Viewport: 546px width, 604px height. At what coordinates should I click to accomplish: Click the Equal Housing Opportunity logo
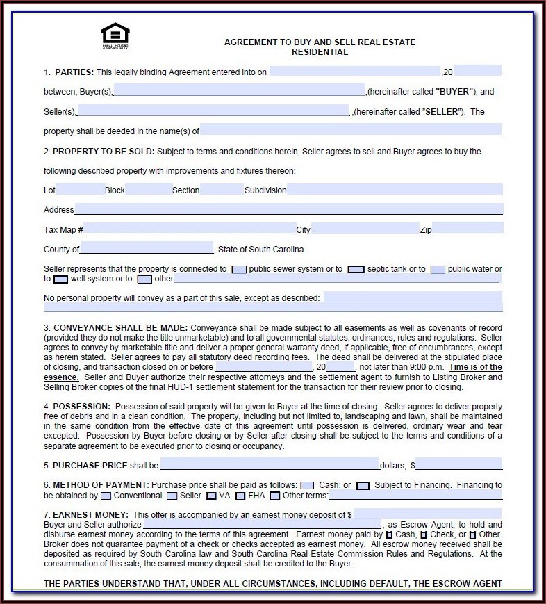click(x=115, y=35)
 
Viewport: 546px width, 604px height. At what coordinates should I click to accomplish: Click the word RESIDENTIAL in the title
click(x=320, y=52)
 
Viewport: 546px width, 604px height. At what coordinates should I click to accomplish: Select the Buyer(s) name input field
click(x=239, y=90)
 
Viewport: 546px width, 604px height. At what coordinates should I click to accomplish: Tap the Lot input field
click(x=80, y=190)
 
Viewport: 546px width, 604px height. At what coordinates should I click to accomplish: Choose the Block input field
click(x=149, y=190)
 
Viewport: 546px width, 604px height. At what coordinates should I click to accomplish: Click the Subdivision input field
click(x=395, y=190)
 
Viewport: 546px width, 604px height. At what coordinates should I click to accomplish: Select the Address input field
click(x=288, y=209)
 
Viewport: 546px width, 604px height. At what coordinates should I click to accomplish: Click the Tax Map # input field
click(x=190, y=229)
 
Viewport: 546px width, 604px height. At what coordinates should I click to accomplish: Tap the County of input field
click(x=147, y=249)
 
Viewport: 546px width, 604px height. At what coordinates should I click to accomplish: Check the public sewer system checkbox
click(x=238, y=269)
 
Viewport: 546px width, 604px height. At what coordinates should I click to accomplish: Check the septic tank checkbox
click(x=356, y=269)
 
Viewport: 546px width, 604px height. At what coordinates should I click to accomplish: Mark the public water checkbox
click(x=438, y=269)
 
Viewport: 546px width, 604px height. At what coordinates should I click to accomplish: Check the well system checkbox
click(x=60, y=279)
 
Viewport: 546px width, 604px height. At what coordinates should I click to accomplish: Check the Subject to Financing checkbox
click(x=363, y=485)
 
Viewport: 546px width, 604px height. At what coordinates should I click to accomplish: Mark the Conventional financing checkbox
click(x=106, y=496)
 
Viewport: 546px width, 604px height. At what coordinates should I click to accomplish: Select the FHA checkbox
click(x=240, y=496)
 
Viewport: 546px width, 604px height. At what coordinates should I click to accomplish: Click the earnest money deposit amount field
click(x=427, y=514)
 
